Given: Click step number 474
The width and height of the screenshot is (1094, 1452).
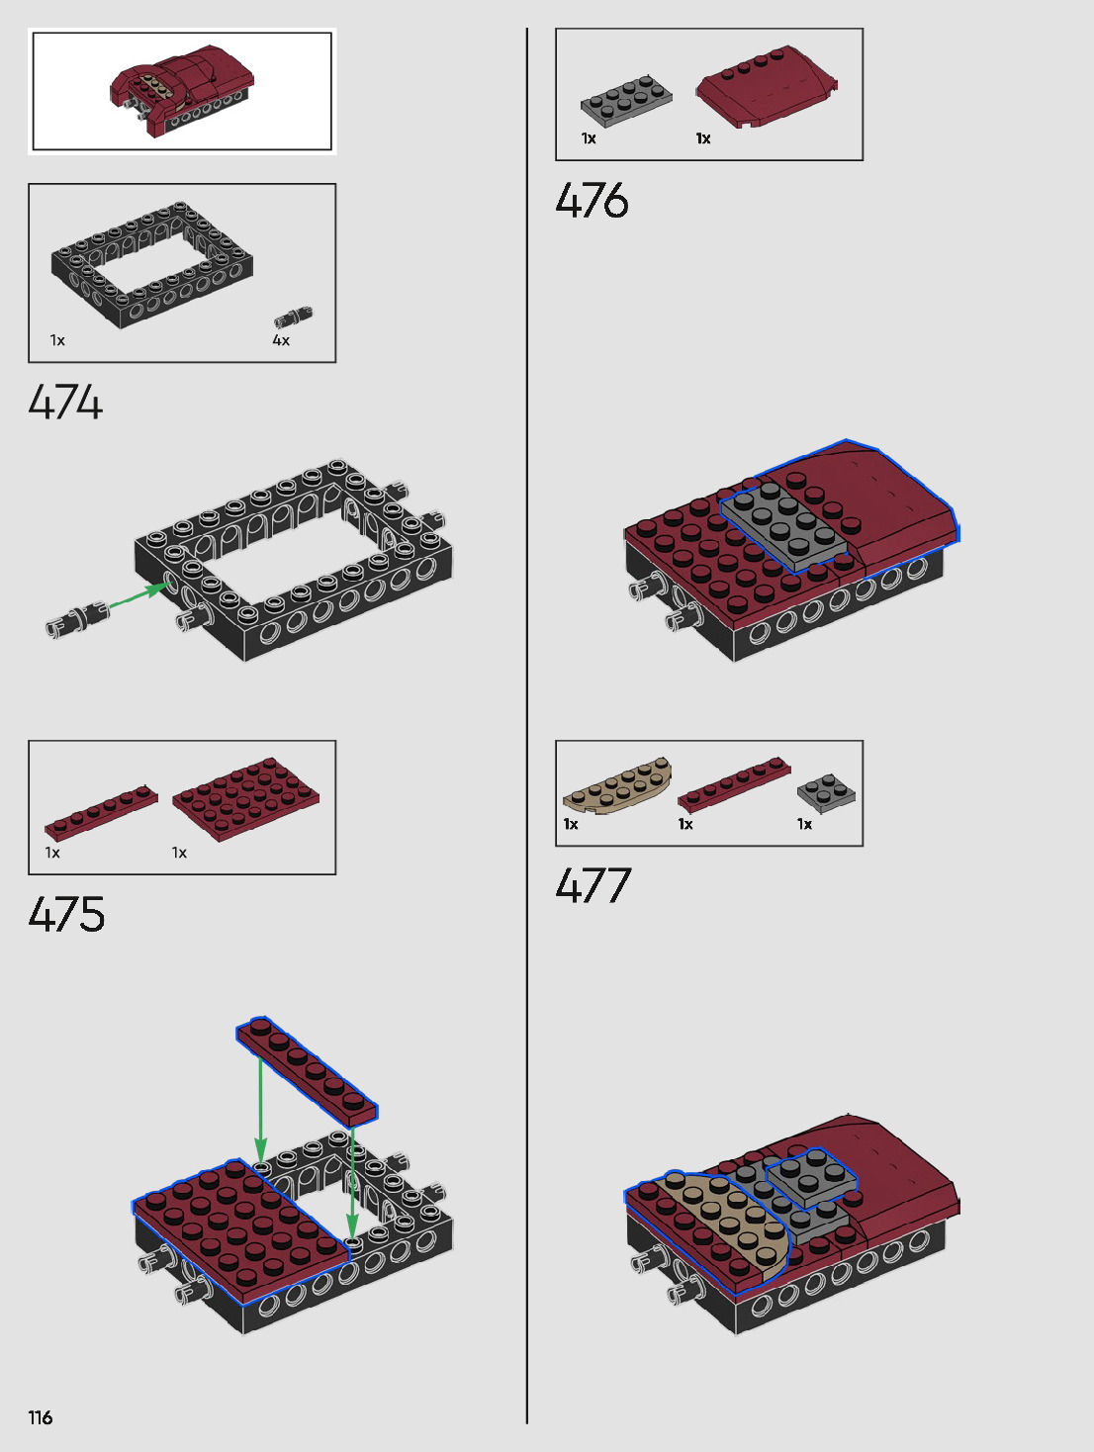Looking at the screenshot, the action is click(65, 402).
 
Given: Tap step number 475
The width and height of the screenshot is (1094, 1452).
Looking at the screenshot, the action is click(66, 914).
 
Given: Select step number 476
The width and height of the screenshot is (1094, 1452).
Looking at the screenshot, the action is click(592, 200).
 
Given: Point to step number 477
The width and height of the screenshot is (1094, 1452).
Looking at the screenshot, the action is click(593, 885).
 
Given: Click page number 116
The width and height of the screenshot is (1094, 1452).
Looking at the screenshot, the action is click(41, 1417).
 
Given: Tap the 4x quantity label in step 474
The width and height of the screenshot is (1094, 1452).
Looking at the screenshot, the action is click(281, 340).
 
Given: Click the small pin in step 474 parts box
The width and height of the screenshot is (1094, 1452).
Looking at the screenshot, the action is click(293, 317).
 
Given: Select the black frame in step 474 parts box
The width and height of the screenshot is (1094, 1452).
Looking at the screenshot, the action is click(152, 265).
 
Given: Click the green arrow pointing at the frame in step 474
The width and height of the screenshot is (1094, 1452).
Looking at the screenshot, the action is click(138, 594).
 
